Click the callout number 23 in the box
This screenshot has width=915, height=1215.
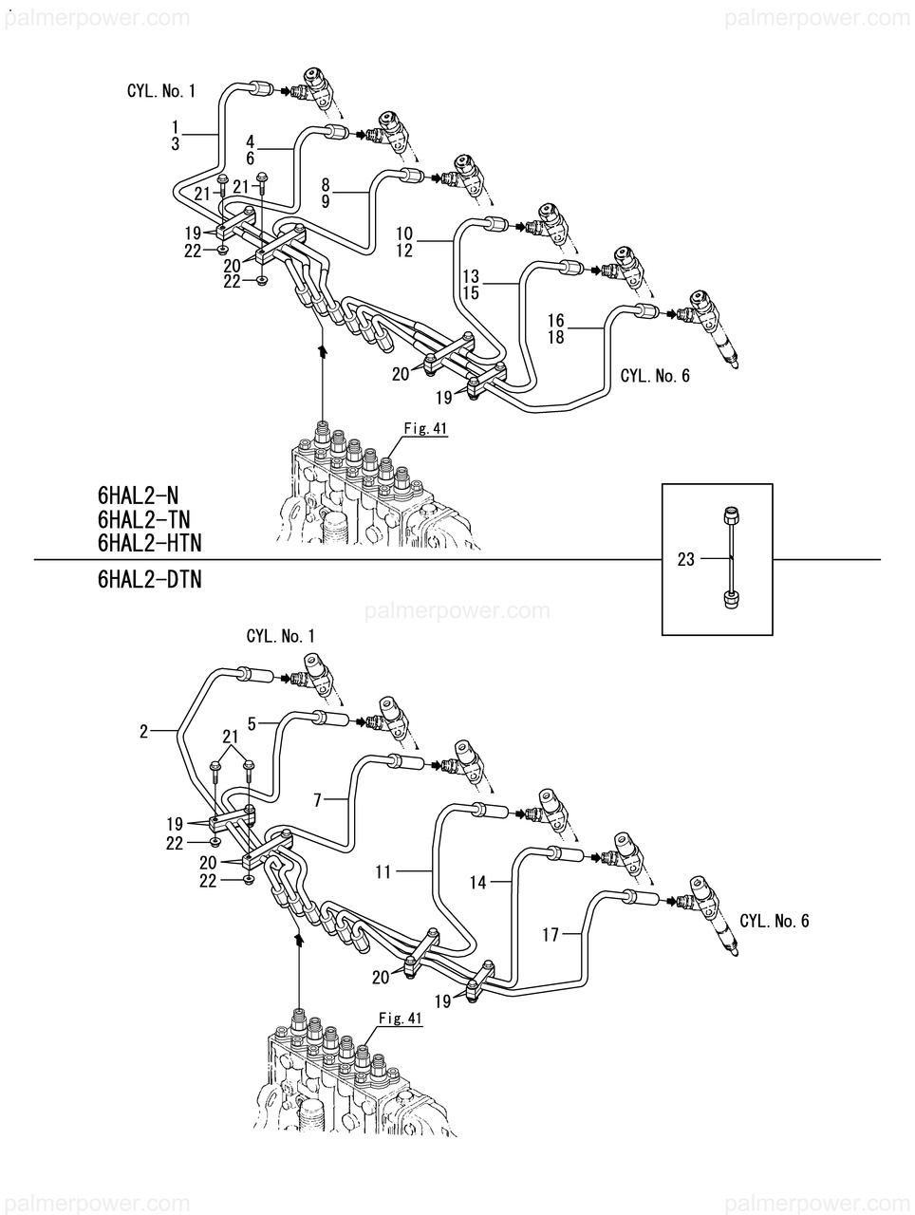click(685, 559)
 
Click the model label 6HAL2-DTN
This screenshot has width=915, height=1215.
click(149, 580)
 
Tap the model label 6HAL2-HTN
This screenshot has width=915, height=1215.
click(149, 544)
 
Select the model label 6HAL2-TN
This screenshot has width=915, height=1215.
click(144, 519)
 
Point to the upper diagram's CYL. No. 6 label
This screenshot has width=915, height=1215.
click(655, 376)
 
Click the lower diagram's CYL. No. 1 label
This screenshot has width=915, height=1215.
click(280, 637)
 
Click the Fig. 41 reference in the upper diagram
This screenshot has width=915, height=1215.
click(425, 428)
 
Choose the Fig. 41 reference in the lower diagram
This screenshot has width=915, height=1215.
click(401, 1018)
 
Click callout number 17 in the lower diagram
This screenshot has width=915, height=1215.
click(551, 935)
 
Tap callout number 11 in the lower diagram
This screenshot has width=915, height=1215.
click(383, 871)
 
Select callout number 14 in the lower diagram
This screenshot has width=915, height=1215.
click(477, 883)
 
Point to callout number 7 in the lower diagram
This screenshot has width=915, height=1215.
click(317, 800)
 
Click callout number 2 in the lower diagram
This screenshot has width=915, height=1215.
click(144, 732)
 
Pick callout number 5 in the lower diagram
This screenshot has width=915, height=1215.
click(252, 723)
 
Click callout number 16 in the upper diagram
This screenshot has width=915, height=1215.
click(556, 320)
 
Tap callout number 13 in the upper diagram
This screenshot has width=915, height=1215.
click(471, 275)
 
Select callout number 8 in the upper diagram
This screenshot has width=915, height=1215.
click(326, 184)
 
